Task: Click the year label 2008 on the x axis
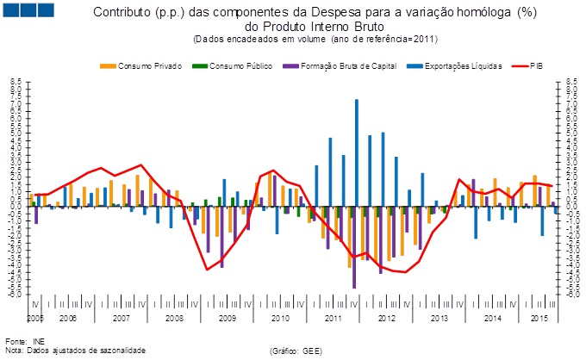tap(175, 319)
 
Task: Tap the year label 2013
tap(439, 319)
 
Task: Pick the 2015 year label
tap(539, 319)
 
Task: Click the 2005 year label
tap(34, 319)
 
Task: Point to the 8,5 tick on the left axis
tap(16, 82)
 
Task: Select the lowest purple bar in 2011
tap(353, 247)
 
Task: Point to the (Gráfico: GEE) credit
tap(296, 351)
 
